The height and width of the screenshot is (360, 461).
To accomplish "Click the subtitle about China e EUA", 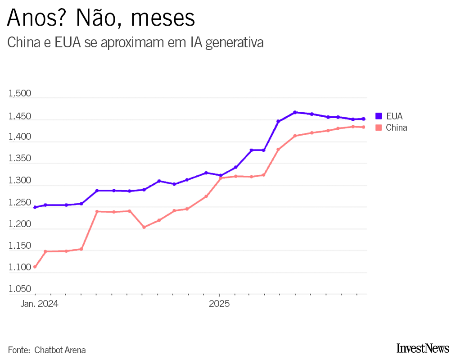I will tap(135, 43).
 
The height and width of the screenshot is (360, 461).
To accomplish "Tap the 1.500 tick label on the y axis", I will tap(20, 94).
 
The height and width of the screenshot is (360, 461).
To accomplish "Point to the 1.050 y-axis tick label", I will tap(20, 289).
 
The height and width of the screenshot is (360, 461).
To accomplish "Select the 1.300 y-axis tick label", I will tap(20, 181).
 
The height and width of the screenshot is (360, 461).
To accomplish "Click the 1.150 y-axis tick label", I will tap(20, 246).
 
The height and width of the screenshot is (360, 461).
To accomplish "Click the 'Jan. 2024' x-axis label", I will tap(39, 304).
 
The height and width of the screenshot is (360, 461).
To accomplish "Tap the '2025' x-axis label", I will tap(219, 304).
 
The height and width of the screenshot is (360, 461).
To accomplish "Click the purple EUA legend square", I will tap(378, 116).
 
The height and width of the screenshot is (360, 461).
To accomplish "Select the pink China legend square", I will tap(378, 128).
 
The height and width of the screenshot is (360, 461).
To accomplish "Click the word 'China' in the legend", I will tap(396, 128).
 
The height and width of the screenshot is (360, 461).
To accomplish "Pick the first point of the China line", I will tap(35, 267).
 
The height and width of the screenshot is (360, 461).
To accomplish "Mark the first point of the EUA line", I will tap(35, 207).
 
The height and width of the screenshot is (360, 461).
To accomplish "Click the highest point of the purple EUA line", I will tap(295, 112).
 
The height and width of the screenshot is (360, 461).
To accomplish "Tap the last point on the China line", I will tap(363, 127).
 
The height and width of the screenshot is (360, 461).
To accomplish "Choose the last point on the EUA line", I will tap(363, 119).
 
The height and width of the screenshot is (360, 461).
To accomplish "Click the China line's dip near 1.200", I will tap(144, 227).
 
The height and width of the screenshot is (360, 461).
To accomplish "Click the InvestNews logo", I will tap(423, 348).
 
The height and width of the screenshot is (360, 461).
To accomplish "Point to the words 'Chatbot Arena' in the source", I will tap(60, 350).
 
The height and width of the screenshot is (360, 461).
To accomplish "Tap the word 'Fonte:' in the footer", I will tap(19, 350).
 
